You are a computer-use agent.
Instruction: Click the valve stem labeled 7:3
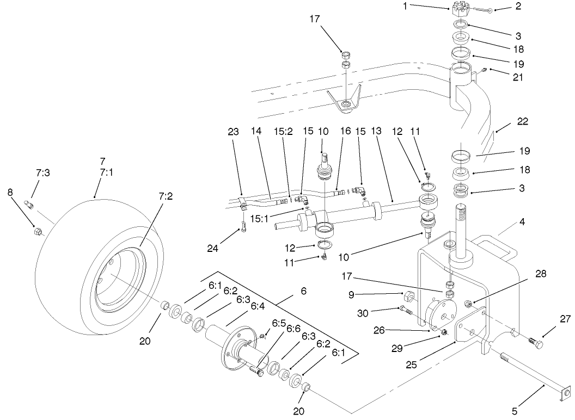pos(31,205)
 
